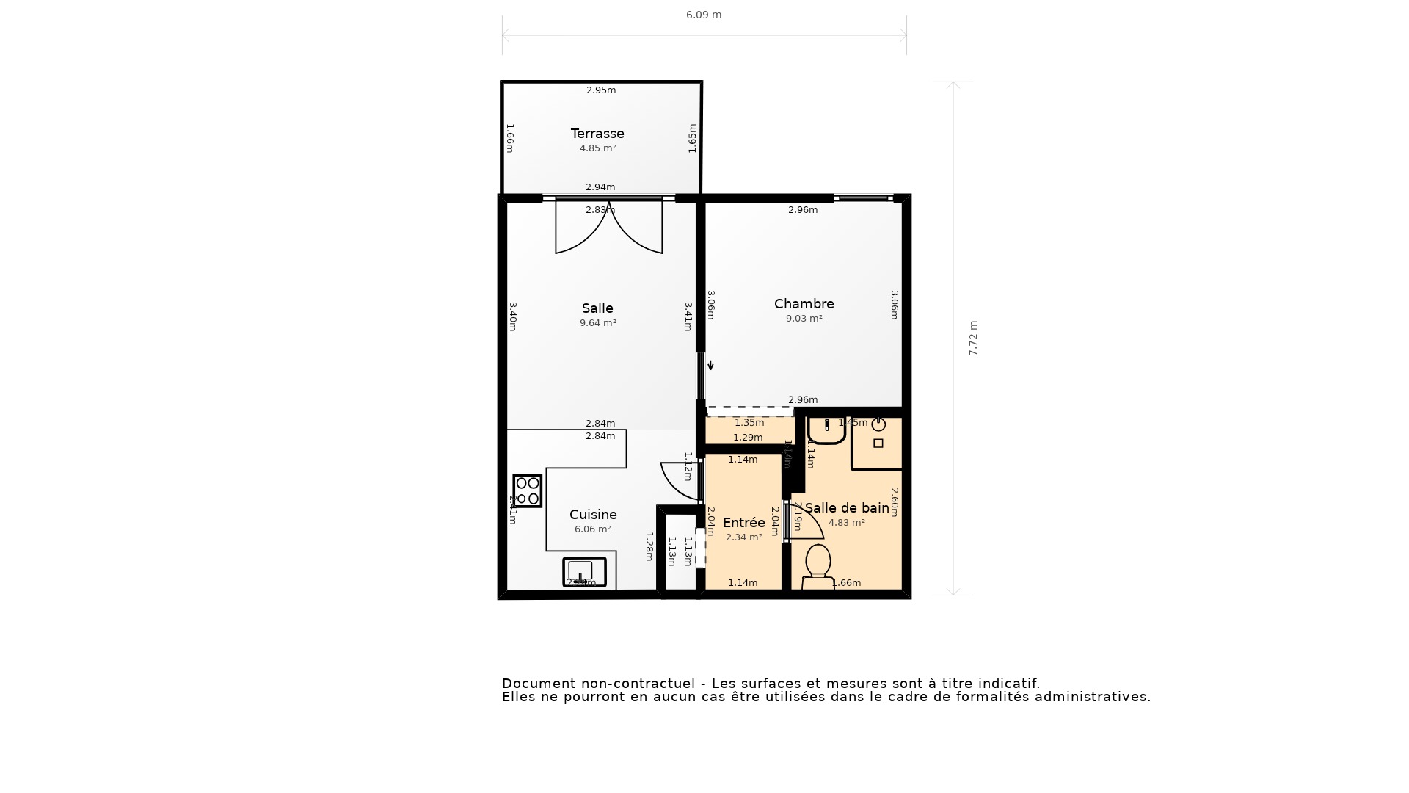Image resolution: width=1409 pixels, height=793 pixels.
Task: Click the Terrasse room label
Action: click(597, 134)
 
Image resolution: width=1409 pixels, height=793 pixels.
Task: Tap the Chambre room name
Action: click(804, 304)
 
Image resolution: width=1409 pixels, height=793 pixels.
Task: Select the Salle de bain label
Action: click(847, 508)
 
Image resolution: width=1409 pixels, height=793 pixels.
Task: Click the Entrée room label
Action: click(743, 523)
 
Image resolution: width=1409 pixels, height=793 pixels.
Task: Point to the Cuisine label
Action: click(593, 515)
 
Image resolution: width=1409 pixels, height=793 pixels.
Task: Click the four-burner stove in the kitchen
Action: click(528, 490)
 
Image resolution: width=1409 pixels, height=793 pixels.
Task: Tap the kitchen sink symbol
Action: click(584, 572)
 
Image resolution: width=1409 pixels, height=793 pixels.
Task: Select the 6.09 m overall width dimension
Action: click(704, 15)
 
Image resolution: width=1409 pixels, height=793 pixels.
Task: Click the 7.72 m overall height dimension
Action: click(973, 338)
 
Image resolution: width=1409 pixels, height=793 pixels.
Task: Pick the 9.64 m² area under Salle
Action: click(597, 323)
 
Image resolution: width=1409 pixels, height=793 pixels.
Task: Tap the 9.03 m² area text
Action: click(804, 319)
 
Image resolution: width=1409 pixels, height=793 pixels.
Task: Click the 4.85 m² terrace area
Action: click(597, 148)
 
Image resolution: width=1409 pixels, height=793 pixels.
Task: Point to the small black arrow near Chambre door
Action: click(710, 365)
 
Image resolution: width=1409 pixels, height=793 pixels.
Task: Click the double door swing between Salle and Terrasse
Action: click(608, 228)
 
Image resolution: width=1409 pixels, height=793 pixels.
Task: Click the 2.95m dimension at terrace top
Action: click(600, 90)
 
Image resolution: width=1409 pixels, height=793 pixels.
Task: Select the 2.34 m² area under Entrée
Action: click(743, 537)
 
